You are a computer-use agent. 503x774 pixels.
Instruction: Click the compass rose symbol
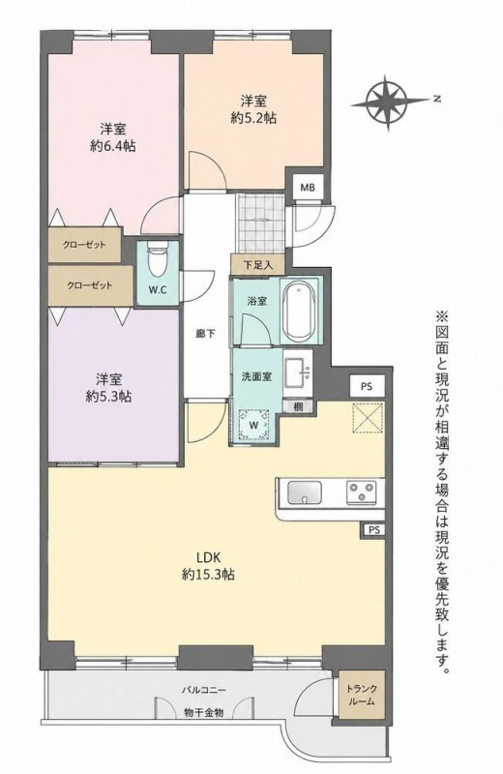point(389,103)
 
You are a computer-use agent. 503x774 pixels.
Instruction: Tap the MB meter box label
point(308,188)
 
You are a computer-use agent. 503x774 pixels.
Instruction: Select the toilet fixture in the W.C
point(158,261)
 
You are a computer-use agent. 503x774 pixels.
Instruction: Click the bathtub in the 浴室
point(300,309)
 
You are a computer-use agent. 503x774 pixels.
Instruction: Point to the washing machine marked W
point(254,424)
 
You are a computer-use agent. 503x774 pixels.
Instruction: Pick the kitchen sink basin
point(305,491)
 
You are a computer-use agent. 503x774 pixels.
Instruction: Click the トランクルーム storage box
point(362,695)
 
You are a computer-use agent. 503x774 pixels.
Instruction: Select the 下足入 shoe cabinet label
point(257,264)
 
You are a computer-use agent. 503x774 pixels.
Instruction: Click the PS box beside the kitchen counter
point(374,529)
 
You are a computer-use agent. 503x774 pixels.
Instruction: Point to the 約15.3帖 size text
point(208,574)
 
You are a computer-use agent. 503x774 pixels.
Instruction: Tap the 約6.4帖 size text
point(113,147)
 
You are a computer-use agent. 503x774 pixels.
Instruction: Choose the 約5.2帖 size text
point(253,118)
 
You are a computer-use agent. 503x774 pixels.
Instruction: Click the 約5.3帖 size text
point(108,397)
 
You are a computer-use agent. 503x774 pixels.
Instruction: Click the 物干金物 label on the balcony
point(203,712)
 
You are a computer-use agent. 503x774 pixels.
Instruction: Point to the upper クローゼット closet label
point(84,245)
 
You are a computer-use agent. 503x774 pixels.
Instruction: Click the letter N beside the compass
point(436,100)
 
